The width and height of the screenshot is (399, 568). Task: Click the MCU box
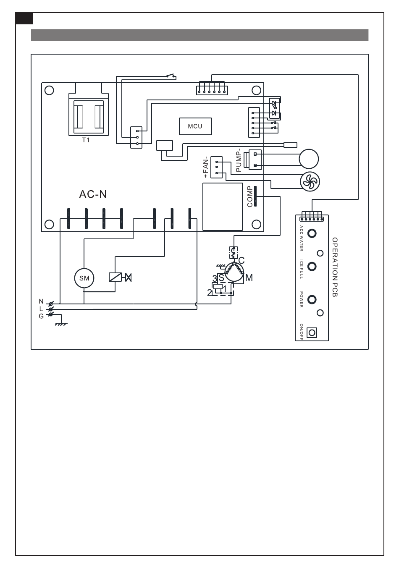(x=195, y=126)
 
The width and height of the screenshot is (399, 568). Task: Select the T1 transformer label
(x=86, y=140)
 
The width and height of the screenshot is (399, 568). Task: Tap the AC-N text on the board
(x=93, y=194)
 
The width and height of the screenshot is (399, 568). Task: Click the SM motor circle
(x=84, y=278)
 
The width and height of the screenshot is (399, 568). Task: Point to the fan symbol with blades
(x=310, y=181)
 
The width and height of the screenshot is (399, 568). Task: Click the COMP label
(x=250, y=196)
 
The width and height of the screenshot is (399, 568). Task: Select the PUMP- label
(x=239, y=161)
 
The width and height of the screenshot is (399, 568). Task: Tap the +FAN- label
(x=206, y=167)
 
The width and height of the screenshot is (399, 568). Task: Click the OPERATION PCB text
(x=335, y=267)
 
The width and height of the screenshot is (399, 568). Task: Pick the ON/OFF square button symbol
(x=312, y=332)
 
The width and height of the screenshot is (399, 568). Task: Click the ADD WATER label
(x=301, y=238)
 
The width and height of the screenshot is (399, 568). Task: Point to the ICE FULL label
(x=301, y=269)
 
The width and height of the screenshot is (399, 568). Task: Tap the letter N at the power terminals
(x=41, y=301)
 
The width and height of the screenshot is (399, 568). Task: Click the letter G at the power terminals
(x=41, y=316)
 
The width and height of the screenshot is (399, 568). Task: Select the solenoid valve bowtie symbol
(x=129, y=277)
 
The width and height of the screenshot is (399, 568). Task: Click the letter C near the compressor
(x=241, y=261)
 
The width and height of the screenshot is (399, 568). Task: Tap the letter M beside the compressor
(x=249, y=278)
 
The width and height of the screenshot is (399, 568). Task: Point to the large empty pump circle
(x=309, y=159)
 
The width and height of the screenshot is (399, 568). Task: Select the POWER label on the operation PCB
(x=301, y=299)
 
